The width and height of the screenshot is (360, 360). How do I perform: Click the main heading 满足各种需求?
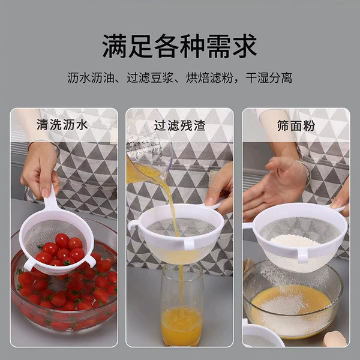(179, 46)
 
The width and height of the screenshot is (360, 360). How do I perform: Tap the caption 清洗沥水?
(62, 125)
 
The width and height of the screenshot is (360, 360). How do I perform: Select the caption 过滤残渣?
(179, 125)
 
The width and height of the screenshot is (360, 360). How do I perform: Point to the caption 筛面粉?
(296, 125)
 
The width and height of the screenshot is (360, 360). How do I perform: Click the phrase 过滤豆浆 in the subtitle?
(150, 77)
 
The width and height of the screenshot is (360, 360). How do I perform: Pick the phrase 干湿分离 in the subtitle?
(269, 77)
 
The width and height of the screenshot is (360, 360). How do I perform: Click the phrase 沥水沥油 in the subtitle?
(91, 77)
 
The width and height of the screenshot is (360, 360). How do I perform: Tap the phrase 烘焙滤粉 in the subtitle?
(209, 77)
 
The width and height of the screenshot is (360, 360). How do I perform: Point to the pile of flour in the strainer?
(295, 241)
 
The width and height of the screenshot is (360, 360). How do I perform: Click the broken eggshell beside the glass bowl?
(334, 339)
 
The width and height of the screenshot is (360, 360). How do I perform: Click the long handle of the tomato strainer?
(50, 197)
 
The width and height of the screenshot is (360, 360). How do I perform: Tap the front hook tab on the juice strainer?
(189, 244)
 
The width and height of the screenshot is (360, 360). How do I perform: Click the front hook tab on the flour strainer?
(302, 255)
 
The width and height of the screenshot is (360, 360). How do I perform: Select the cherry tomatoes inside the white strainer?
(61, 250)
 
